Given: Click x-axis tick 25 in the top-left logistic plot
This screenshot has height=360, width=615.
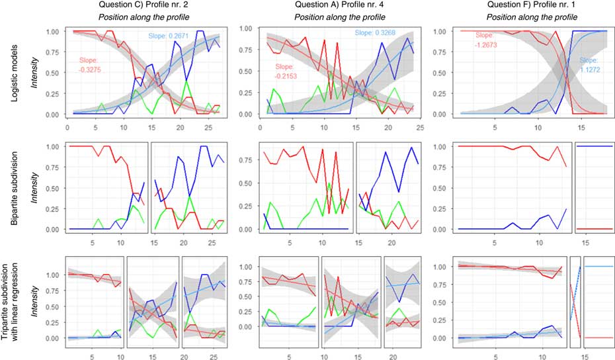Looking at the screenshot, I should tap(210, 124).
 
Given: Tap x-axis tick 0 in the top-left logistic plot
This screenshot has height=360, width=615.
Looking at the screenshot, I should tap(67, 124).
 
